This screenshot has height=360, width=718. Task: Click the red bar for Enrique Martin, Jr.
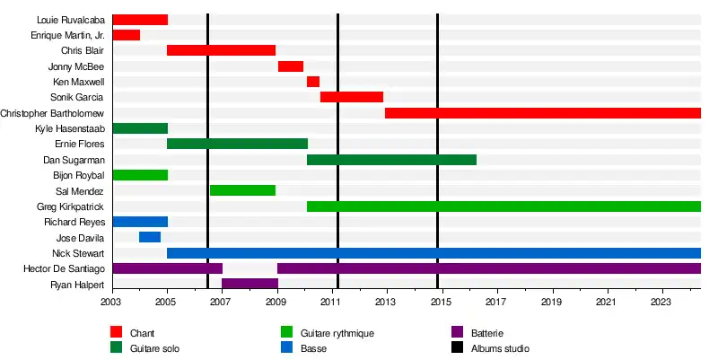[126, 35]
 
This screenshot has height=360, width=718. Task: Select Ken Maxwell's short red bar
[312, 82]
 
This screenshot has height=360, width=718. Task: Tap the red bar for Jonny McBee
[291, 66]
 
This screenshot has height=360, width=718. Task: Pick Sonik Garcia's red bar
[352, 97]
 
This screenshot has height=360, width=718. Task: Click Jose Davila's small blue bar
[150, 237]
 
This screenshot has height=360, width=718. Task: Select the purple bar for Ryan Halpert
[250, 284]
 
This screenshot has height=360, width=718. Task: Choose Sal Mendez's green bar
[242, 190]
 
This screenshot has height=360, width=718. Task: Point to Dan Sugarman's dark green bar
[391, 160]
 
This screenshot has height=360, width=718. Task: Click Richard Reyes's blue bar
[140, 222]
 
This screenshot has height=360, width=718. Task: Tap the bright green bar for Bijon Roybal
[140, 175]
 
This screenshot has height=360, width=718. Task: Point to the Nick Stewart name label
[78, 253]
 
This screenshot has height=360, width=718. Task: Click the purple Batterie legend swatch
[455, 333]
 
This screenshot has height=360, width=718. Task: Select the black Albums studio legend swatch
[455, 347]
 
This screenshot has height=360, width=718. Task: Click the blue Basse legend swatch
[286, 347]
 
